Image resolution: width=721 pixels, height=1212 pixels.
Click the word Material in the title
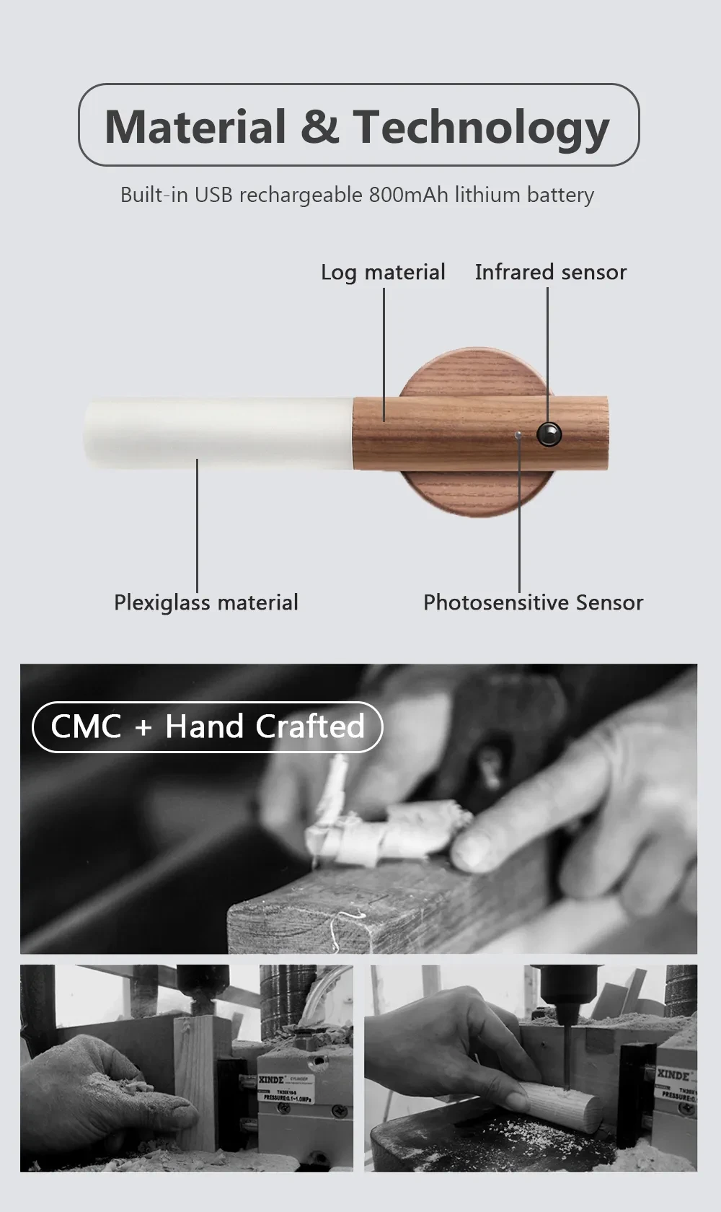tap(195, 127)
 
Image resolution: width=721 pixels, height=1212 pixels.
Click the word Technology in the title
tap(481, 128)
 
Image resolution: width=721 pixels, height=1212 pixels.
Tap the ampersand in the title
tap(319, 127)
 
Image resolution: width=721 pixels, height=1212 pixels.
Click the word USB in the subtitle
tap(213, 195)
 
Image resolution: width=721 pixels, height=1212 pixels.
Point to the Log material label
tap(383, 272)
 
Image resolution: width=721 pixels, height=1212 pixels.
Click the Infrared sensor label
tap(550, 272)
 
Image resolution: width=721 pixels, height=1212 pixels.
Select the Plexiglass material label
tap(205, 602)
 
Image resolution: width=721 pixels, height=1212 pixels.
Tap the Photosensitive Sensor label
tap(533, 602)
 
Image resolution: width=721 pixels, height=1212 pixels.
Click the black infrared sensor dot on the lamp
tap(549, 433)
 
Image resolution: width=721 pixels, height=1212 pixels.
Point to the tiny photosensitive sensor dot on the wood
tap(518, 435)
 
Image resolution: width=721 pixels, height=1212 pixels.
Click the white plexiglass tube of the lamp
tap(216, 433)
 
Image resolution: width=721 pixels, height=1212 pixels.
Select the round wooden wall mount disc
tap(461, 491)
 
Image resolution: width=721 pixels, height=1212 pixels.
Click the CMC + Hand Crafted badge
tap(208, 726)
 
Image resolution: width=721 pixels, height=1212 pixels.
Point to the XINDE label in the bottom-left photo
tap(272, 1079)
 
